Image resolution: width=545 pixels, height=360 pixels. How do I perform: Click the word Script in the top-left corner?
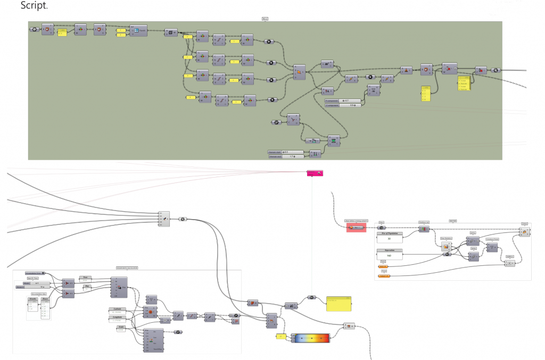coord(34,6)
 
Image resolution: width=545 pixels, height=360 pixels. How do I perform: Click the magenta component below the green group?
coord(315,173)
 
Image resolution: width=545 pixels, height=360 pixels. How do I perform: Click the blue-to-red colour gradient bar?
coord(311,338)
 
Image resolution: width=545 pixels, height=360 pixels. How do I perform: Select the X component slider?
coord(343,100)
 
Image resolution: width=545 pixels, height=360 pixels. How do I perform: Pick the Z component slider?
coord(343,105)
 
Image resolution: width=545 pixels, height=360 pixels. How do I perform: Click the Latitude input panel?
coord(118,312)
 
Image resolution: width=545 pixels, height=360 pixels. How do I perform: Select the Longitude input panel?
coord(118,320)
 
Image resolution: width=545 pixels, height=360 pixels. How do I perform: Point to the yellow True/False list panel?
coord(465,84)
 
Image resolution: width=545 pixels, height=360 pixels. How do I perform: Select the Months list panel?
coord(33,309)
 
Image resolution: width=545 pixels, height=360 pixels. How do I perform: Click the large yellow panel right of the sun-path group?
coord(338,304)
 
